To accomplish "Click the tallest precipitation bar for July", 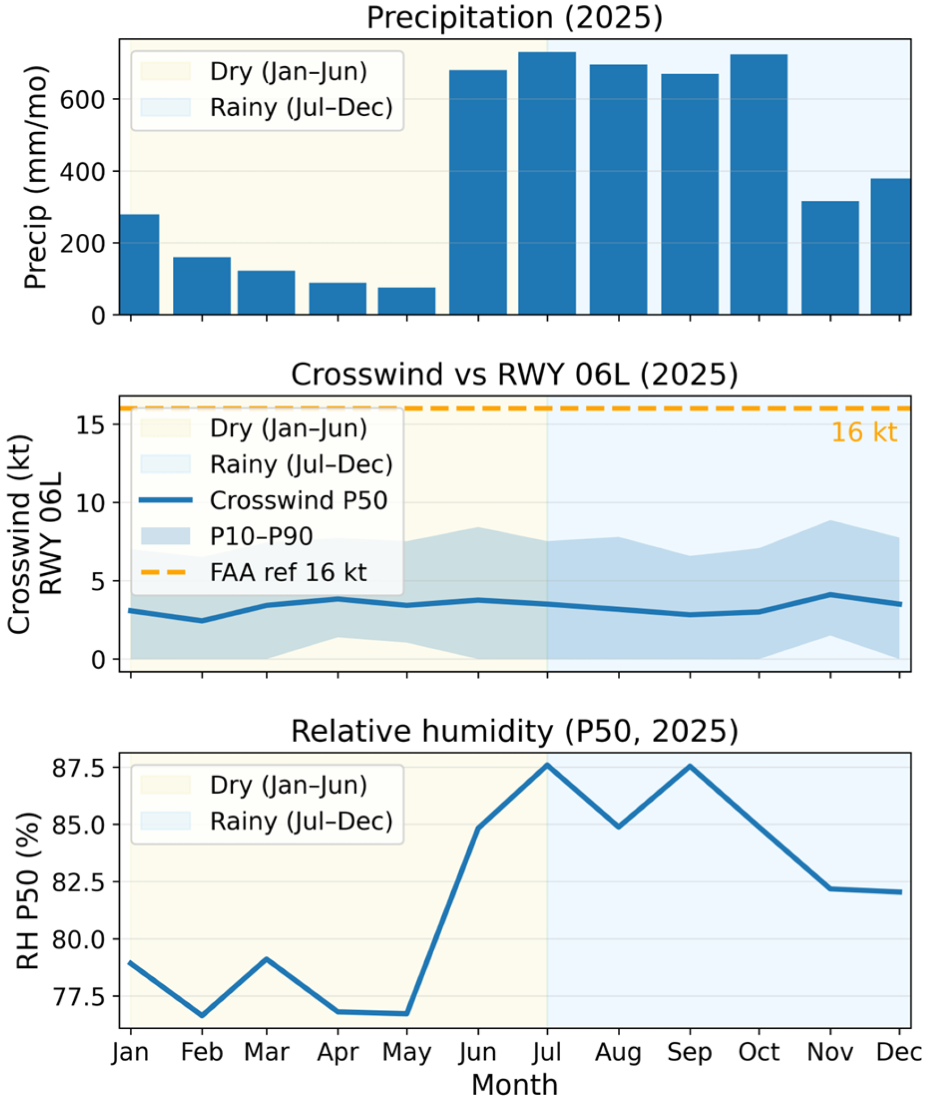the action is point(547,183).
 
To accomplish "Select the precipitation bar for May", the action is point(407,301).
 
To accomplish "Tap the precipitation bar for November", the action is point(830,258).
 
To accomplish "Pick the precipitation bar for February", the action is point(202,286).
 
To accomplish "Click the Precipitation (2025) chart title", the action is point(514,17).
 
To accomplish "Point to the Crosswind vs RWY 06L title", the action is point(514,374).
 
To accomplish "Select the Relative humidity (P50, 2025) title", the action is point(514,731).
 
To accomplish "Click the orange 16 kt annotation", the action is point(864,432).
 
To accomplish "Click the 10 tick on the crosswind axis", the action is point(90,503).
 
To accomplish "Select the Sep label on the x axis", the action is point(689,1052).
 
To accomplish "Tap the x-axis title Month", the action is point(514,1084).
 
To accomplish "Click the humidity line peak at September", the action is point(690,766).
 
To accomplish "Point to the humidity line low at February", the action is point(202,1015).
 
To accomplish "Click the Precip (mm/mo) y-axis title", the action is point(36,177).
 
